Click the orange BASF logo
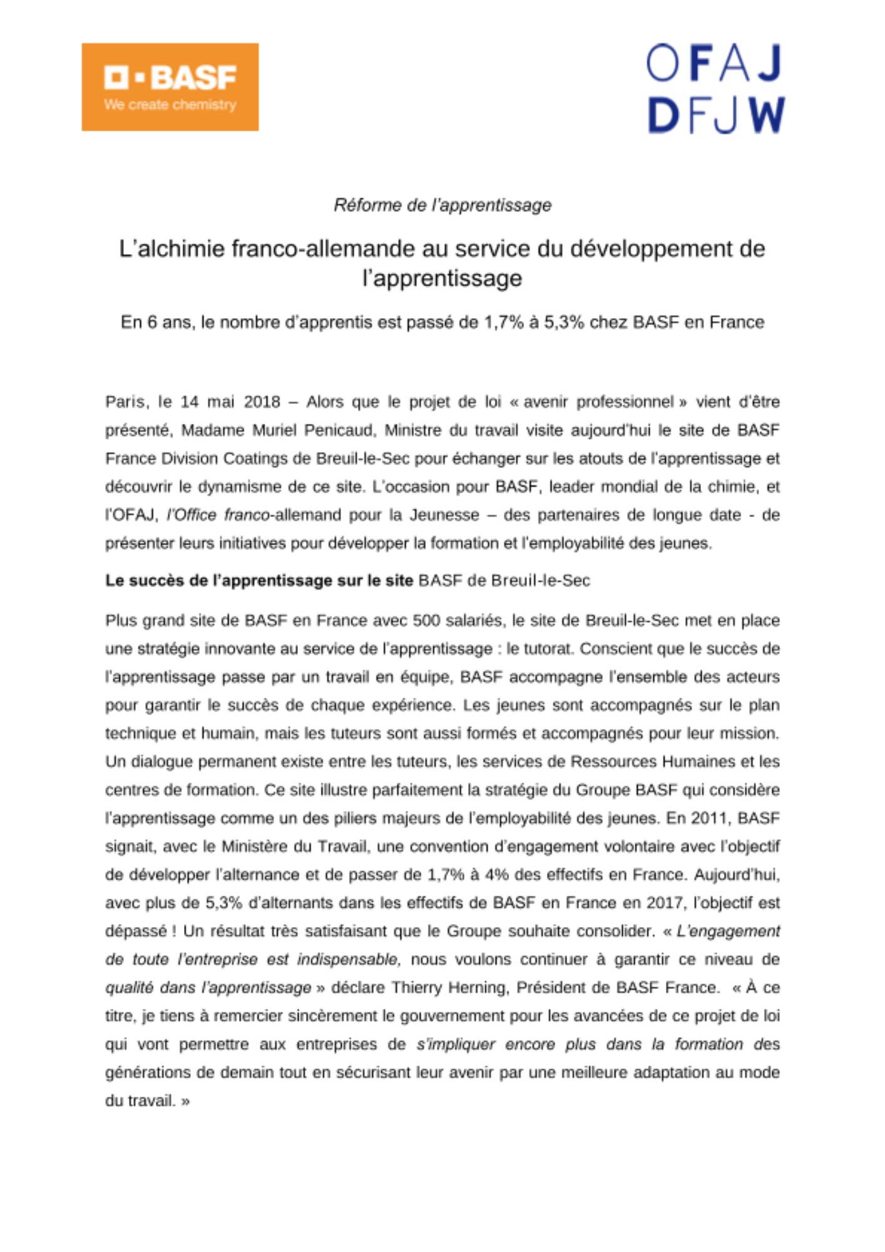[170, 86]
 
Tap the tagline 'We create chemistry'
[170, 105]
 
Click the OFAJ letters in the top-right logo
[714, 63]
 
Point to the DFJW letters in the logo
[715, 115]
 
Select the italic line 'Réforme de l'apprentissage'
[442, 205]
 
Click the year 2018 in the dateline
[262, 401]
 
